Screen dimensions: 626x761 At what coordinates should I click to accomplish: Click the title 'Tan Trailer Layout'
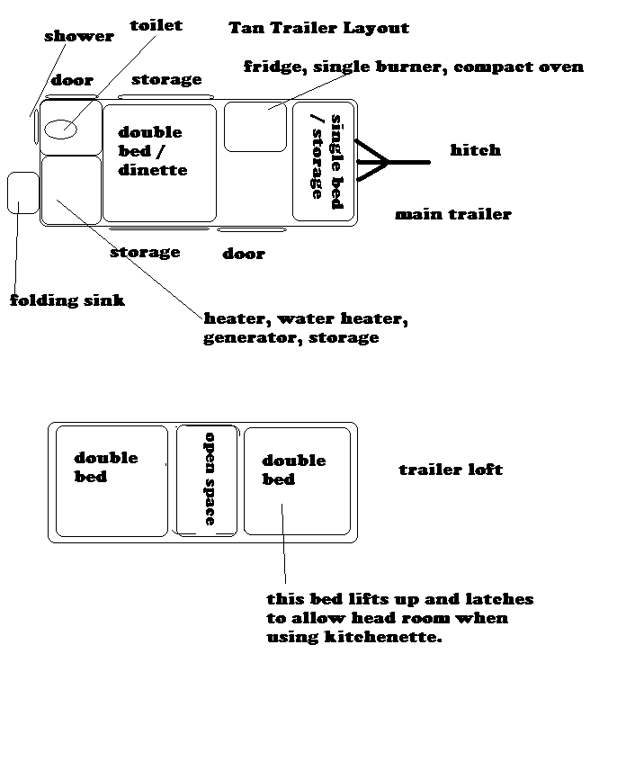tap(318, 28)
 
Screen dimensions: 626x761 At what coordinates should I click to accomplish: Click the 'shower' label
tap(79, 36)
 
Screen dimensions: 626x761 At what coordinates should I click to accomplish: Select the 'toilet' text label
tap(156, 25)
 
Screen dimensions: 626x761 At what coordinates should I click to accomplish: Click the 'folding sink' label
tap(67, 300)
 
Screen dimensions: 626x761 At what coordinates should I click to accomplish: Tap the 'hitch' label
tap(476, 149)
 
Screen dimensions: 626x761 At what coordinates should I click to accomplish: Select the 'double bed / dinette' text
tap(152, 151)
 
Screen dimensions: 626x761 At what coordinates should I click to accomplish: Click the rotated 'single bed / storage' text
tap(326, 161)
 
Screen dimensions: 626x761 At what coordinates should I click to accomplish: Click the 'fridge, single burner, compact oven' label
tap(414, 67)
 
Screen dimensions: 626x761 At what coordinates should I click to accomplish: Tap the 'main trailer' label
tap(453, 214)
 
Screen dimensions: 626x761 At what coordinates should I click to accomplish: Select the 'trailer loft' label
tap(451, 470)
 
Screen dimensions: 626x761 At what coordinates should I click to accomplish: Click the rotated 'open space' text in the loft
tap(210, 479)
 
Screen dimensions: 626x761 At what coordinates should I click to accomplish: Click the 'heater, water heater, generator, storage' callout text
tap(306, 327)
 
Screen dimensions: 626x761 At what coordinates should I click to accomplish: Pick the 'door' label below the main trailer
tap(244, 254)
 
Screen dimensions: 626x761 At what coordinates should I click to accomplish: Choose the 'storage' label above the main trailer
tap(166, 79)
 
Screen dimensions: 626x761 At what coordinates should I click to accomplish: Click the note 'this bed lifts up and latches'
tap(400, 599)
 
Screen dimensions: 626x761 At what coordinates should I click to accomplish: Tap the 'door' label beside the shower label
tap(72, 79)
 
